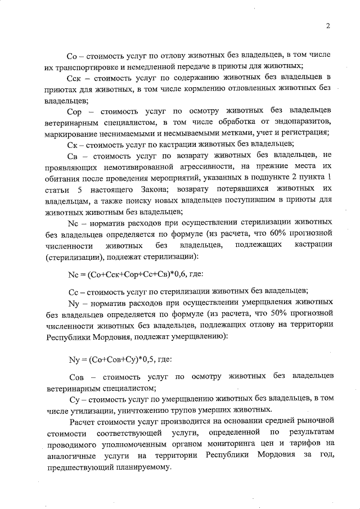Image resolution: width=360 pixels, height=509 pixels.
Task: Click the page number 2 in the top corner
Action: click(327, 25)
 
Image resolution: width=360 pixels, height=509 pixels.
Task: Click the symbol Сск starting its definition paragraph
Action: click(76, 77)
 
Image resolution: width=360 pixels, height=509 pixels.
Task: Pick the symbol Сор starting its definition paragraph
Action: click(76, 110)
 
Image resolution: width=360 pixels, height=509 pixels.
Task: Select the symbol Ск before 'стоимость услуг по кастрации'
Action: click(73, 143)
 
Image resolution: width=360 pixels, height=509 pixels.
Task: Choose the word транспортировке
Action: click(87, 66)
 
